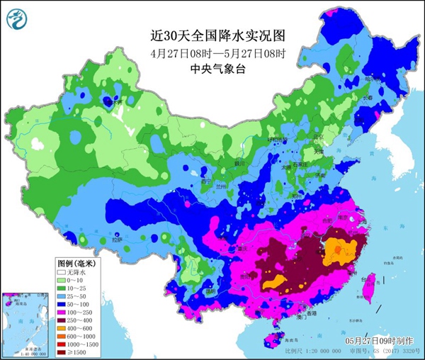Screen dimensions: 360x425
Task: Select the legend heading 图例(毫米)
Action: [76, 261]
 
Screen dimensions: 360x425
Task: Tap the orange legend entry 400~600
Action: [79, 330]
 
